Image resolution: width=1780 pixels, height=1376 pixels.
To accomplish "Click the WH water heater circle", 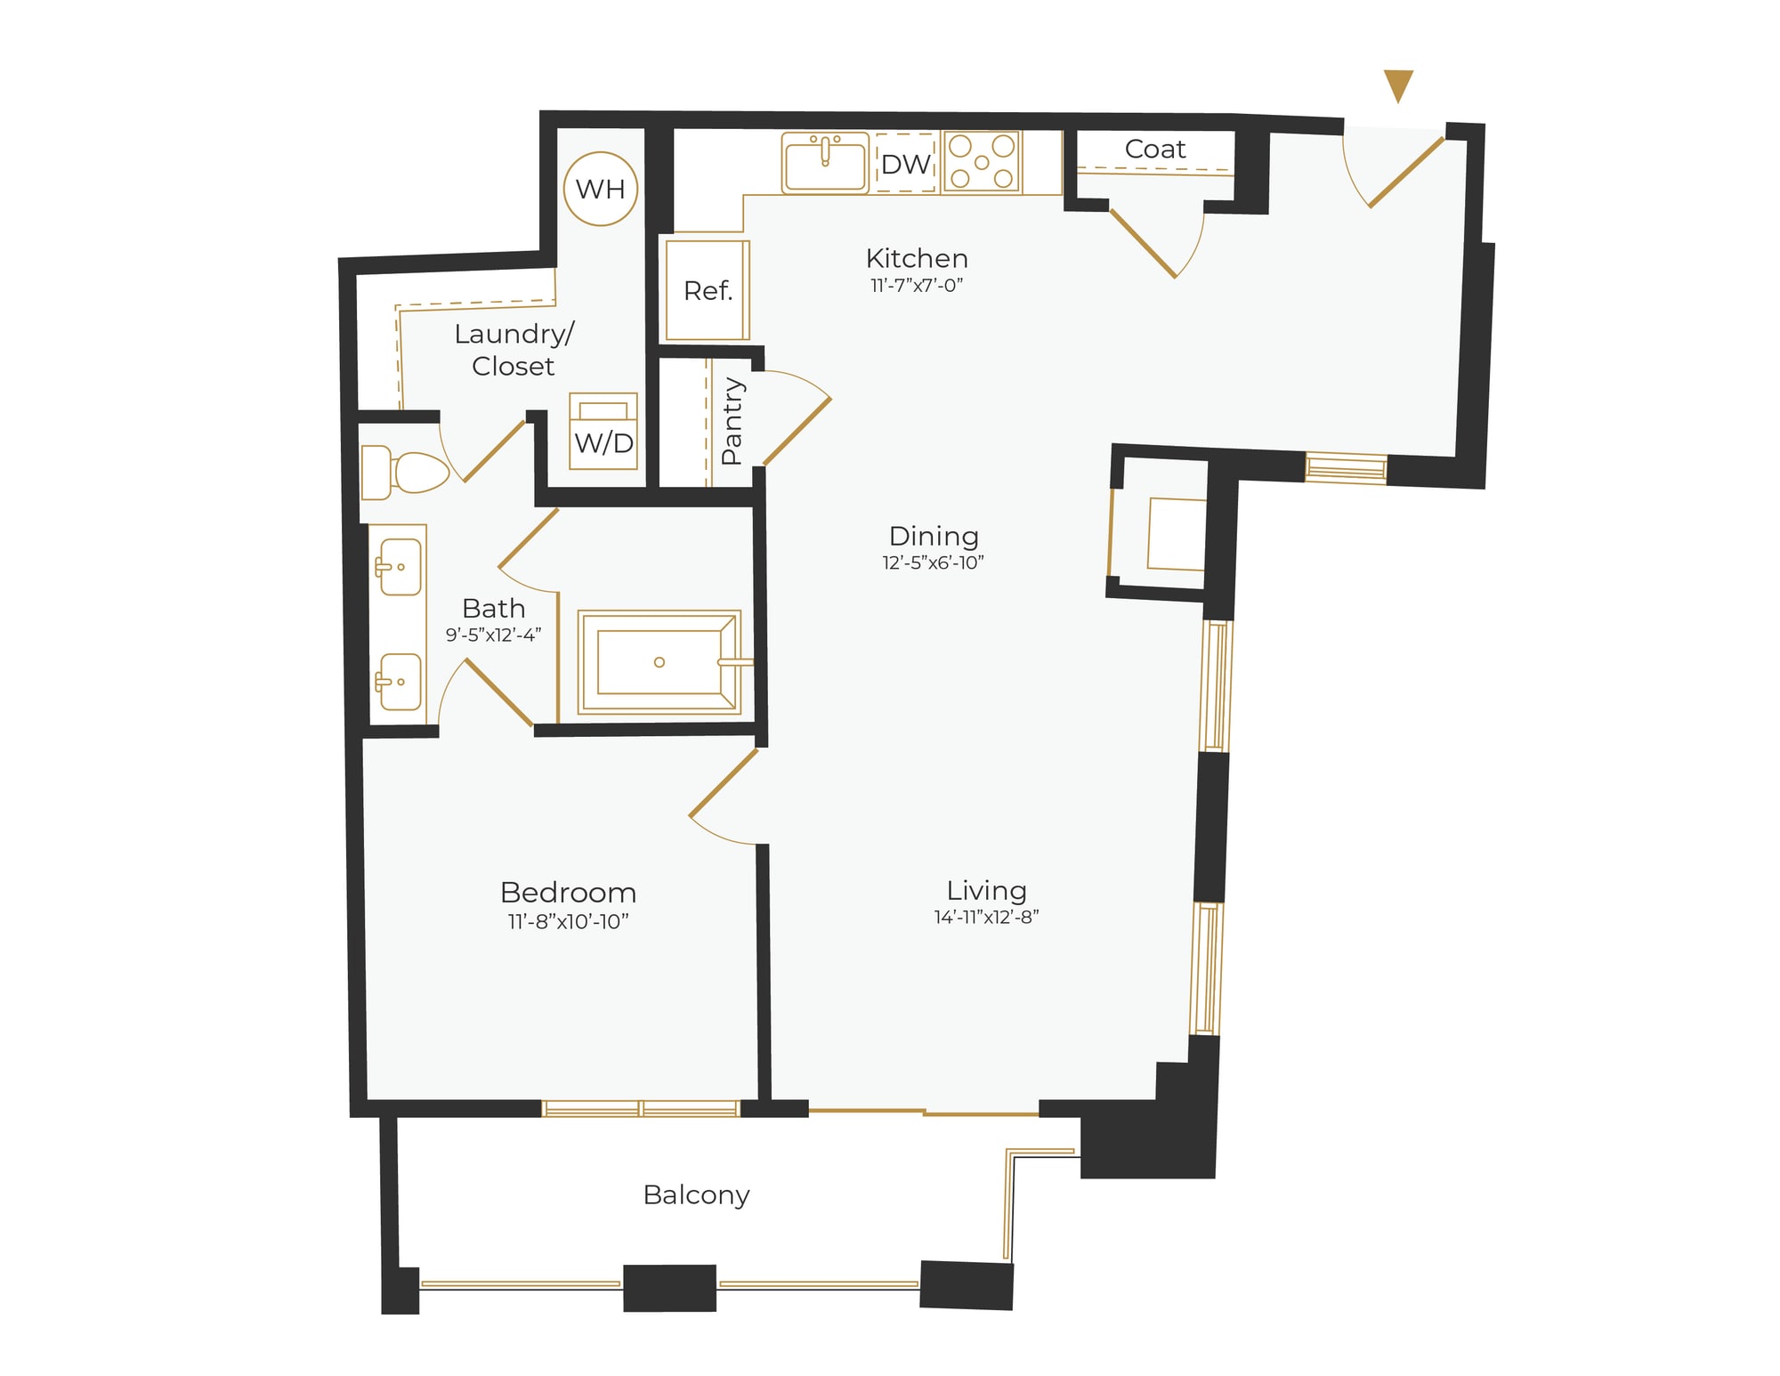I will (601, 189).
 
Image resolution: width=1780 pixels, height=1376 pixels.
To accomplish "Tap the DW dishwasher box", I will (905, 164).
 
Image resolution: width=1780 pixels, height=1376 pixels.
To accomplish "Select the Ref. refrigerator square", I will (708, 290).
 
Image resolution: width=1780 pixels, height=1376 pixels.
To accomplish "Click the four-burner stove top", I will (982, 162).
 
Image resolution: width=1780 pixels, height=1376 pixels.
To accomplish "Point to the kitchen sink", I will (825, 163).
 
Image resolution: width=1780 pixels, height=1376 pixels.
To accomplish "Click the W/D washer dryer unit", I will (603, 432).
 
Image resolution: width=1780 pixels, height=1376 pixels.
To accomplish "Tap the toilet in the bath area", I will (405, 473).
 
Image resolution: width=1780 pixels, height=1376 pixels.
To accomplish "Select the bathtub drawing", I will (659, 661).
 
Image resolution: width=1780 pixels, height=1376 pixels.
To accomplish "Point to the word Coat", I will (1154, 150).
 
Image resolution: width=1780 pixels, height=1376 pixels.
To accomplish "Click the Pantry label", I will (732, 420).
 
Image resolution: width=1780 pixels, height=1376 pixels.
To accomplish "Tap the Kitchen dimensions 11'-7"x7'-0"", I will (917, 286).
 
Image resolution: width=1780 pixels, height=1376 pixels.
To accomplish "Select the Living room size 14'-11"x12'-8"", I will (986, 918).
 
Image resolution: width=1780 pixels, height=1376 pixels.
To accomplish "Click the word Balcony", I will (696, 1194).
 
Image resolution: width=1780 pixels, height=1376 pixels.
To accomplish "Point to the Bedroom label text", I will (568, 893).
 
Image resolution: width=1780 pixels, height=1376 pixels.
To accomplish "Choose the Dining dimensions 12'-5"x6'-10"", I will (933, 563).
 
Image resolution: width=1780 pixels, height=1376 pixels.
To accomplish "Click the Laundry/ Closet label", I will (514, 350).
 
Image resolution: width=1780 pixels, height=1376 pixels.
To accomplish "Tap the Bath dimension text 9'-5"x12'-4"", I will (493, 635).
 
